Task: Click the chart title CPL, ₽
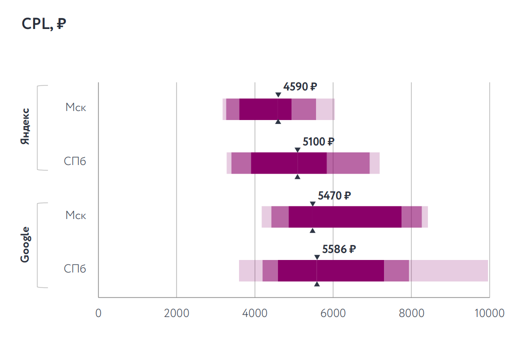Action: (44, 24)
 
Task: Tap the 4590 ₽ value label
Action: (300, 87)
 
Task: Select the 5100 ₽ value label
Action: (318, 141)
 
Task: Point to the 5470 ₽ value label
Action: (334, 195)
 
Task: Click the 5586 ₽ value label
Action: (338, 249)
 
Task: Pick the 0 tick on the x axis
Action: (98, 313)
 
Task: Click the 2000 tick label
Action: (176, 313)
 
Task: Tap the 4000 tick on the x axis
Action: (255, 313)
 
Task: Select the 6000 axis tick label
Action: (333, 313)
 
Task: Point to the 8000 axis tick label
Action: (411, 313)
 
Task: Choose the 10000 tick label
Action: (488, 313)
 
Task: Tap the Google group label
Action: (25, 244)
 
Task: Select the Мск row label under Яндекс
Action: (75, 107)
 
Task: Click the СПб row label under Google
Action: (75, 269)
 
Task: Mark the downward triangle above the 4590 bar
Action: (278, 95)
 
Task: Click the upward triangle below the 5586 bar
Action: (317, 284)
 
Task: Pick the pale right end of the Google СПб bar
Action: (448, 270)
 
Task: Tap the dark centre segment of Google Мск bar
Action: (345, 216)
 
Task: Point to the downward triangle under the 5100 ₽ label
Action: (297, 149)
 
